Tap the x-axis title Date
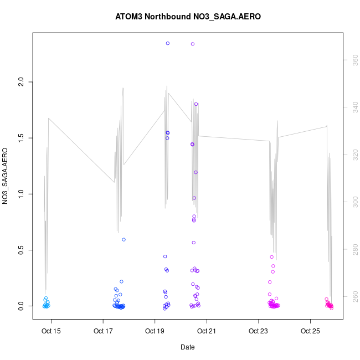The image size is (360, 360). click(187, 347)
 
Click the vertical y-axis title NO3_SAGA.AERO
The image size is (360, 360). click(5, 176)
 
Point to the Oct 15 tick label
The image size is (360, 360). click(52, 332)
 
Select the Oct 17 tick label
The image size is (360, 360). click(103, 332)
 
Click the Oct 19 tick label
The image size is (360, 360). click(155, 332)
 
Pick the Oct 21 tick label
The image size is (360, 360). click(207, 332)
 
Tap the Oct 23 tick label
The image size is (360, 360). click(259, 332)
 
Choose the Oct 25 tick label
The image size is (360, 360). click(310, 332)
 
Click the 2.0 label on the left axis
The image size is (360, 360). click(21, 82)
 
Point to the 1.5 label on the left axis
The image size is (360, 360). click(21, 138)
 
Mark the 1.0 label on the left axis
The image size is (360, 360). click(21, 194)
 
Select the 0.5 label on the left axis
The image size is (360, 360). click(21, 250)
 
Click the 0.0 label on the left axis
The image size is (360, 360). click(21, 306)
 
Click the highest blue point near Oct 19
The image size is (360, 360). click(168, 43)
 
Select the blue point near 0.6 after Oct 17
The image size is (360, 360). click(124, 240)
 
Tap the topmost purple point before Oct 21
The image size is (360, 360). click(193, 44)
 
